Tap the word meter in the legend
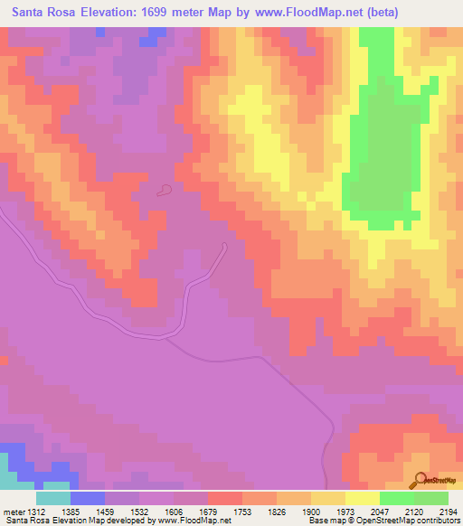(x=13, y=512)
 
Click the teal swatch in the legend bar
(x=53, y=498)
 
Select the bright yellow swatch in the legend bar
(x=362, y=498)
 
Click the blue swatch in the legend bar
(x=88, y=498)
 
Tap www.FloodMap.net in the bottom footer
(x=193, y=521)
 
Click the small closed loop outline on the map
(x=164, y=190)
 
